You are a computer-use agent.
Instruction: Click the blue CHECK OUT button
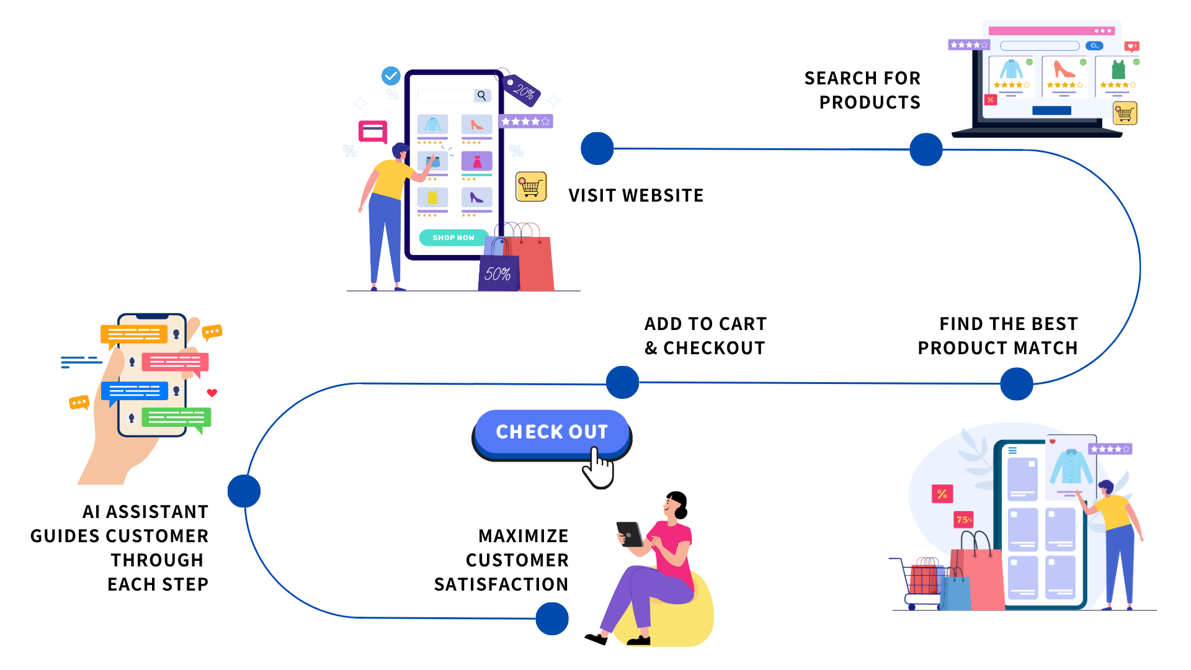pyautogui.click(x=551, y=432)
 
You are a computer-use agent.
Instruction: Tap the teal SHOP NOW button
pyautogui.click(x=453, y=238)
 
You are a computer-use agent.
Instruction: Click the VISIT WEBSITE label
pyautogui.click(x=636, y=195)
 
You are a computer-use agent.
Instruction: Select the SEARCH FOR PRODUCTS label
pyautogui.click(x=863, y=90)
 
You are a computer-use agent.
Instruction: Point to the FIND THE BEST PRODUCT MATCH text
pyautogui.click(x=998, y=336)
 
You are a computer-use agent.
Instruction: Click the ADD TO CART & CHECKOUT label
pyautogui.click(x=705, y=336)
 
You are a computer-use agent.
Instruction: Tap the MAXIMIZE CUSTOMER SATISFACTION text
pyautogui.click(x=502, y=560)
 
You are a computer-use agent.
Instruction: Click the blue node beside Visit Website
pyautogui.click(x=597, y=149)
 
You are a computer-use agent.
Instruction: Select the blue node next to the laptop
pyautogui.click(x=926, y=150)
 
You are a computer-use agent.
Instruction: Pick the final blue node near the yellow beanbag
pyautogui.click(x=552, y=619)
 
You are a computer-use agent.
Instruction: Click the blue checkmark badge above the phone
pyautogui.click(x=391, y=76)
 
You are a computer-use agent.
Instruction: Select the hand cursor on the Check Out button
pyautogui.click(x=598, y=470)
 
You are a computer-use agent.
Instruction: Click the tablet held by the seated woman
pyautogui.click(x=630, y=534)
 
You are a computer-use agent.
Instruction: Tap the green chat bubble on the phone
pyautogui.click(x=176, y=418)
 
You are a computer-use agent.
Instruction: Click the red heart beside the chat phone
pyautogui.click(x=212, y=393)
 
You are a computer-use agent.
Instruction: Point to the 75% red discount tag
pyautogui.click(x=964, y=520)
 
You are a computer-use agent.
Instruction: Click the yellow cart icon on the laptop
pyautogui.click(x=1125, y=114)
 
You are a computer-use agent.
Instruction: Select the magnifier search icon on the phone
pyautogui.click(x=481, y=96)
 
